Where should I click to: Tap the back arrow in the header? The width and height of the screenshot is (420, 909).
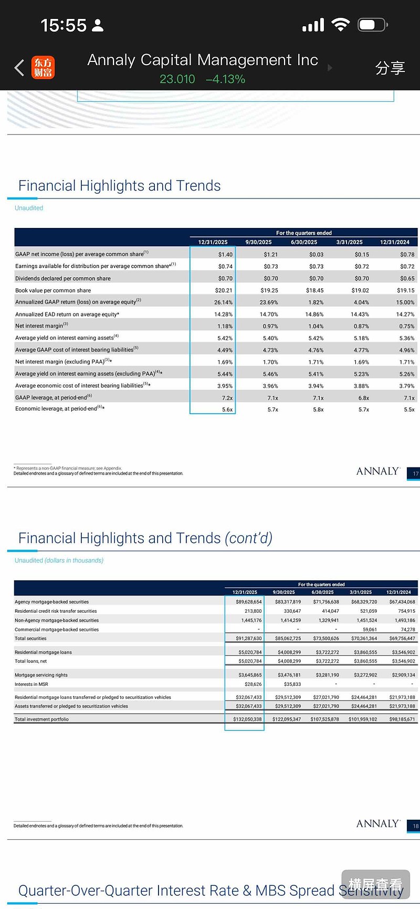19,68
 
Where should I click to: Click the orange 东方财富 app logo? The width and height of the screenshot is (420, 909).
43,68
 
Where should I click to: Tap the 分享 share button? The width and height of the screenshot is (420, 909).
390,68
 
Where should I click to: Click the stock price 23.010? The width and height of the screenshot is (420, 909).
177,79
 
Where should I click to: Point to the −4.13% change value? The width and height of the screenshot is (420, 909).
226,79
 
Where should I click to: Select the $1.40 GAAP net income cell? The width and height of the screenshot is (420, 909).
225,255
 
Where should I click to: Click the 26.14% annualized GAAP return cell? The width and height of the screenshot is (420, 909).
223,302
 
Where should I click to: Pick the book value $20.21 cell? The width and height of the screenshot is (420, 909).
224,290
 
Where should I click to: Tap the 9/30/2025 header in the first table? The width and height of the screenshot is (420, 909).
258,242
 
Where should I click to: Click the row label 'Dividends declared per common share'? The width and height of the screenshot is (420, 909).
63,278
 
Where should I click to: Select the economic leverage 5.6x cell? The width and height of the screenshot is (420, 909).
227,410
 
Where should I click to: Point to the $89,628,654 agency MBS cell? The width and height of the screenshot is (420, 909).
248,602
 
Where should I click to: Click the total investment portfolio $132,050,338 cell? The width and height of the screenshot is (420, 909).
247,719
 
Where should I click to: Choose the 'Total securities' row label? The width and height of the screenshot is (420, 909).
30,639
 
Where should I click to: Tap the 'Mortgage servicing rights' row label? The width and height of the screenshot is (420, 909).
41,675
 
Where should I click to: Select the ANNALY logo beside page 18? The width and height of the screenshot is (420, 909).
378,823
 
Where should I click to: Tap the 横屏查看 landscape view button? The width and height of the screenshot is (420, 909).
375,885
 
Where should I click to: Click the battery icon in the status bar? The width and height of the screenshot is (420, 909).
372,25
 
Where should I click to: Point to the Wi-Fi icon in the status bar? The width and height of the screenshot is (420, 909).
341,25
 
